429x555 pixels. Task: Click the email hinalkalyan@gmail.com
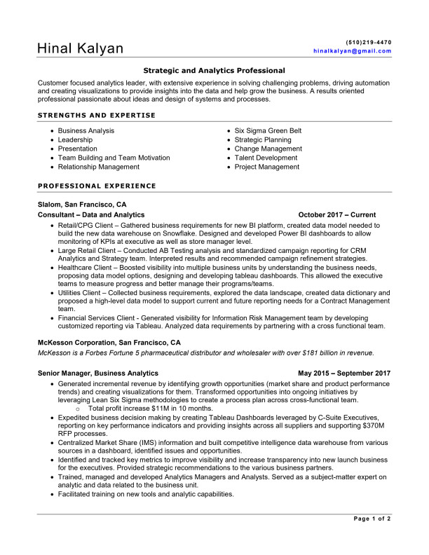(x=352, y=51)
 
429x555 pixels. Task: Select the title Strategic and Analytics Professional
(x=214, y=71)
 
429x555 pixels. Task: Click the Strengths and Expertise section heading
(x=97, y=115)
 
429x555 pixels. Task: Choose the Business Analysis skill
(x=86, y=131)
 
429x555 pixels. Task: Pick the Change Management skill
(x=268, y=149)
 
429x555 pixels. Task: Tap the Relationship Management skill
(x=98, y=167)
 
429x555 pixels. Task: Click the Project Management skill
(x=266, y=167)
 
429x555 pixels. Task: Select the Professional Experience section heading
(x=97, y=186)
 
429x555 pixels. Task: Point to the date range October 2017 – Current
(x=336, y=215)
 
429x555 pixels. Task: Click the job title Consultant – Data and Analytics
(x=91, y=215)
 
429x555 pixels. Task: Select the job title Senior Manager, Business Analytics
(x=98, y=374)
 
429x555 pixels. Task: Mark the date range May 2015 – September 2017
(x=344, y=374)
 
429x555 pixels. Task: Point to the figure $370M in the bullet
(x=376, y=425)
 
